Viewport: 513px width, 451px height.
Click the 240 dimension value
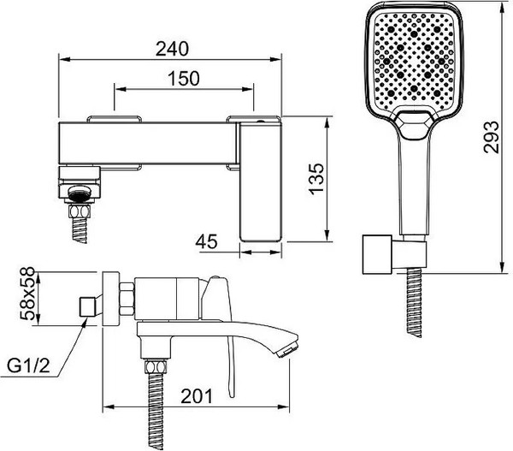172,49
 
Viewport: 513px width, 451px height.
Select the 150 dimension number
184,78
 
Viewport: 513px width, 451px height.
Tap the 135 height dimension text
317,179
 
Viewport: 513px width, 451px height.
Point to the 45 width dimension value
206,241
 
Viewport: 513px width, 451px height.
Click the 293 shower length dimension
492,137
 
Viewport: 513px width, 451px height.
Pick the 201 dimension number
197,396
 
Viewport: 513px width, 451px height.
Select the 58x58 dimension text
27,294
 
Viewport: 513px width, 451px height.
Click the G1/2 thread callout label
29,365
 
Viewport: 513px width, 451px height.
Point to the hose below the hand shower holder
414,303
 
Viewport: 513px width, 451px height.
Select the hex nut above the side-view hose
156,366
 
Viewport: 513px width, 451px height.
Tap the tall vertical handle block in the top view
261,181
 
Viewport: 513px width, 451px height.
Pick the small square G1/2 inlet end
87,307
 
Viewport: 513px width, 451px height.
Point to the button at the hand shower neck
414,126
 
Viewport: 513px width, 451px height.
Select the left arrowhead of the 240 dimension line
64,59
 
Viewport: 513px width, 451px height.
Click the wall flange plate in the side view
110,299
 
